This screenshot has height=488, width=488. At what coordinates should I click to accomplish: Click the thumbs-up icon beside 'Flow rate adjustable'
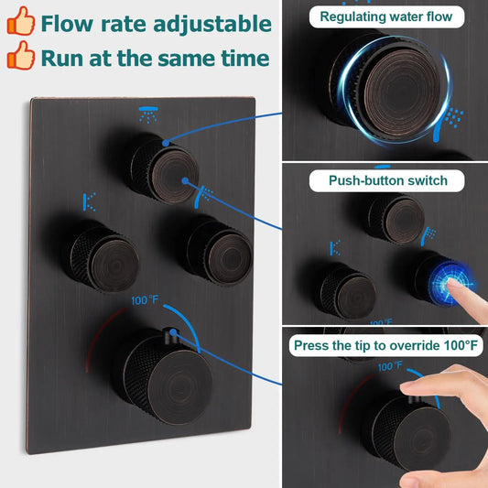[20, 23]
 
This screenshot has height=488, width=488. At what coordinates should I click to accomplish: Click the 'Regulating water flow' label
[385, 16]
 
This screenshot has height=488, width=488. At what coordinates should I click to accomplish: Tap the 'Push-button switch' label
[388, 180]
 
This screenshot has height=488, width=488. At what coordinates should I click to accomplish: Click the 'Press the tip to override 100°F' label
[385, 345]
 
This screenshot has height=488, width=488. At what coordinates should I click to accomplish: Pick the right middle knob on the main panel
[218, 248]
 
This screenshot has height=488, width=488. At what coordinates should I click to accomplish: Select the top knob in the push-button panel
[396, 216]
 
